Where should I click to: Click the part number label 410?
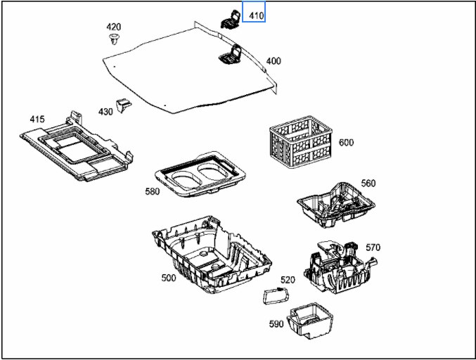(257, 15)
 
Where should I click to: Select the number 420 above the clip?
(113, 27)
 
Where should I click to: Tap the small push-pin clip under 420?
(114, 39)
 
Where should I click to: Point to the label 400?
(274, 61)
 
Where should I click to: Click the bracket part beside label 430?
(124, 105)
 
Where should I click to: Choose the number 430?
(105, 112)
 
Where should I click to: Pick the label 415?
(37, 119)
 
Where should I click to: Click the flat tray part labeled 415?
(77, 147)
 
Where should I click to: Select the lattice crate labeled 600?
(300, 141)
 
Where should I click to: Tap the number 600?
(346, 142)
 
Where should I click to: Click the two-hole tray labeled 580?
(200, 174)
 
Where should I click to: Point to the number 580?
(153, 191)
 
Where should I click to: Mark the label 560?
(368, 183)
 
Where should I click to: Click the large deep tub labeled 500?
(212, 254)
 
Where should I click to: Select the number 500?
(169, 278)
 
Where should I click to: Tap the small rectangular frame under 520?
(276, 296)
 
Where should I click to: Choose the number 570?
(373, 247)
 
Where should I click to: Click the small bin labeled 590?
(309, 321)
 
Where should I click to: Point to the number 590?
(276, 324)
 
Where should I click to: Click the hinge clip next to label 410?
(231, 20)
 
